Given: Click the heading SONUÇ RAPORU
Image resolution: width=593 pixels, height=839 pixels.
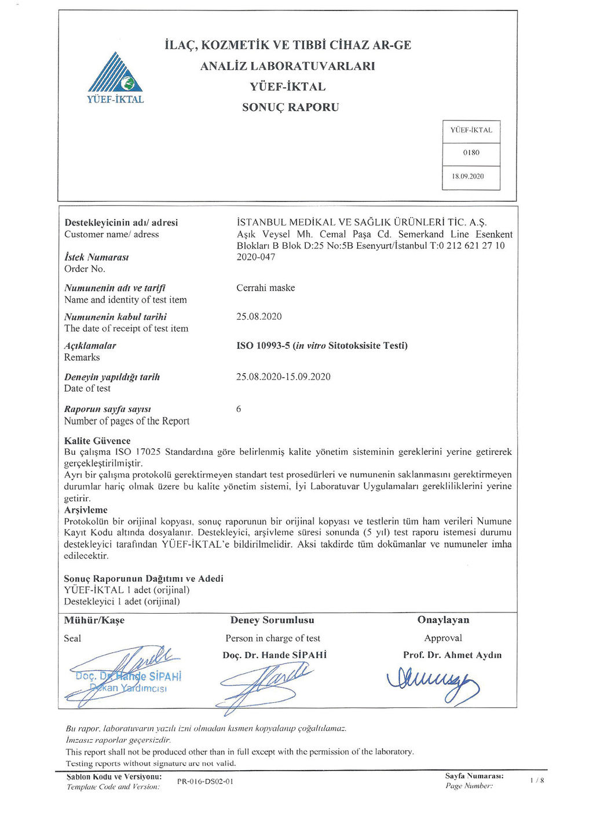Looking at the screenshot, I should [x=290, y=107].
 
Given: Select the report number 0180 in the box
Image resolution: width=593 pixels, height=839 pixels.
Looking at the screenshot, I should [x=471, y=153].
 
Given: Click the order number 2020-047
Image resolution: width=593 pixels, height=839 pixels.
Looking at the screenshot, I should [x=255, y=257].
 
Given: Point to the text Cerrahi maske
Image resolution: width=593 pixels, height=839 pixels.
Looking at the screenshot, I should [x=265, y=288].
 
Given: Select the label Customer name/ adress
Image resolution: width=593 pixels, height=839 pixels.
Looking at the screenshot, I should [x=111, y=235].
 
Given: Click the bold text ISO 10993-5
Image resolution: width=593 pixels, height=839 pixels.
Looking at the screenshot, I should [x=263, y=346].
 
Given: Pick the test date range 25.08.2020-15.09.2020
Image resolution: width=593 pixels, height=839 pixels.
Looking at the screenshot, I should [x=283, y=377].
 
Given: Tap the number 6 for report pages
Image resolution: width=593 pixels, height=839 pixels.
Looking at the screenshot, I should [x=239, y=409].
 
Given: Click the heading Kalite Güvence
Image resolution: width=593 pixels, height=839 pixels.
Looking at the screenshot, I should [x=97, y=440].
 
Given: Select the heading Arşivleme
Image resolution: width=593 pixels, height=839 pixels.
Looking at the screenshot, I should [x=86, y=510].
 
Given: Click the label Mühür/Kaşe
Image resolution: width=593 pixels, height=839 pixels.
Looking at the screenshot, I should [x=94, y=621].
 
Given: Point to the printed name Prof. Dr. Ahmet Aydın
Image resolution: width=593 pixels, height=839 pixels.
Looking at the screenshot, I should [x=452, y=655].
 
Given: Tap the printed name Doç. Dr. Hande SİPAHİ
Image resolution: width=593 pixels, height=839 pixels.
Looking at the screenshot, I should [x=274, y=655].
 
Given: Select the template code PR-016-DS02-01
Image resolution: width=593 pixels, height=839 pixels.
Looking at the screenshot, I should [x=205, y=782].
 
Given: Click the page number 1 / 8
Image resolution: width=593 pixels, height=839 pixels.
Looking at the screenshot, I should [x=537, y=780].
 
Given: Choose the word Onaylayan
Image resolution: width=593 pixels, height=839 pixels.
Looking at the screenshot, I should [x=443, y=620].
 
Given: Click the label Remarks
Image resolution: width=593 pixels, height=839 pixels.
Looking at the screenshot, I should [x=82, y=358].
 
